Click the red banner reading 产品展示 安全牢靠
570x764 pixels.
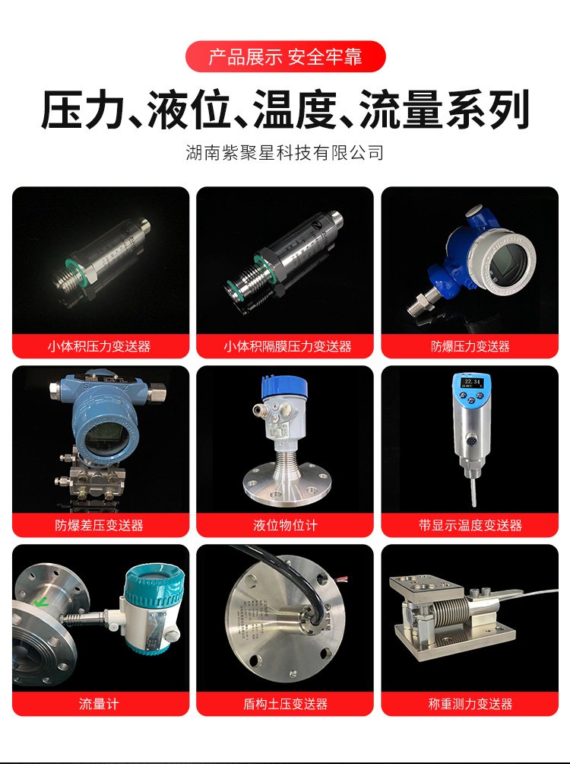coord(285,56)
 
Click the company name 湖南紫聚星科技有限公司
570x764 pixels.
coord(285,152)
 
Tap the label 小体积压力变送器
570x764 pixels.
coord(100,346)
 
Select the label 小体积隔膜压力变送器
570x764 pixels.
coord(287,346)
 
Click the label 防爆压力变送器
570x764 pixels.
coord(470,346)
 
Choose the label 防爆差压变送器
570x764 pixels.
coord(100,525)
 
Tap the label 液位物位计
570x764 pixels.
coord(285,525)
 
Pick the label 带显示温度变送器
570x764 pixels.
coord(470,525)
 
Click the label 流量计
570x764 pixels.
coord(99,704)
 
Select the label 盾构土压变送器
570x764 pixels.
coord(285,704)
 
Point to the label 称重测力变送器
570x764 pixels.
coord(470,704)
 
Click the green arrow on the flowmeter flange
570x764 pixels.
coord(41,603)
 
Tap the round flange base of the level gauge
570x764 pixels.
coord(285,484)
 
